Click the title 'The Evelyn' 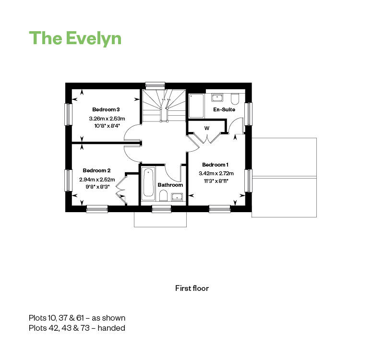click(x=75, y=38)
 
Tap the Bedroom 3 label click(x=106, y=109)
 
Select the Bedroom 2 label click(x=96, y=170)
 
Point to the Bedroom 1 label click(x=215, y=165)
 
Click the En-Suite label click(x=224, y=109)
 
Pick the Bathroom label click(x=170, y=185)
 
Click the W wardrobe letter click(x=207, y=128)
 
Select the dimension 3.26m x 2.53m click(x=107, y=119)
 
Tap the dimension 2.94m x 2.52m click(x=97, y=180)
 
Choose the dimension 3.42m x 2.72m click(x=216, y=173)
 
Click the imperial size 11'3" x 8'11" click(x=216, y=181)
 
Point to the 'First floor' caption click(x=192, y=288)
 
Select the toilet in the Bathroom click(x=163, y=196)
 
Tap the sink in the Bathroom click(x=177, y=197)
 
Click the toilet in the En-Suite click(x=235, y=98)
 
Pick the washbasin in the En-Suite click(x=217, y=97)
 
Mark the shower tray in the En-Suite click(x=196, y=106)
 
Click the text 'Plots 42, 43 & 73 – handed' click(x=77, y=328)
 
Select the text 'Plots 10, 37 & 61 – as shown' click(x=77, y=318)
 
